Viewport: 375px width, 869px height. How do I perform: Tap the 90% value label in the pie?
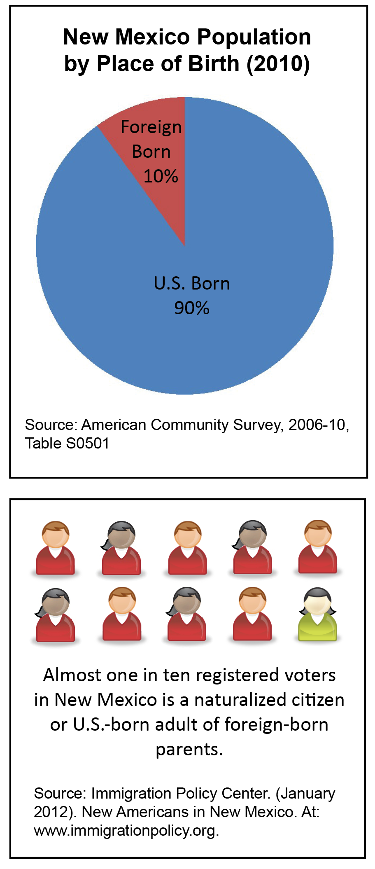coord(192,308)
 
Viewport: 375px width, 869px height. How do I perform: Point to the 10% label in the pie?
coord(161,176)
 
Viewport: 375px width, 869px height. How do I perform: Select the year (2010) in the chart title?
coord(278,64)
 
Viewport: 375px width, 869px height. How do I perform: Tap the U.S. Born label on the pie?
coord(192,283)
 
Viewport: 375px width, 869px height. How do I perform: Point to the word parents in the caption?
coord(189,749)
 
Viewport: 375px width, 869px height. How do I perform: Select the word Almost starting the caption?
coord(72,675)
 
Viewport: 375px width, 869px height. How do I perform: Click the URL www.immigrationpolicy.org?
coord(126,830)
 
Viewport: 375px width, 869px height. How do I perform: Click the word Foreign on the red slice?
coord(151,127)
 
